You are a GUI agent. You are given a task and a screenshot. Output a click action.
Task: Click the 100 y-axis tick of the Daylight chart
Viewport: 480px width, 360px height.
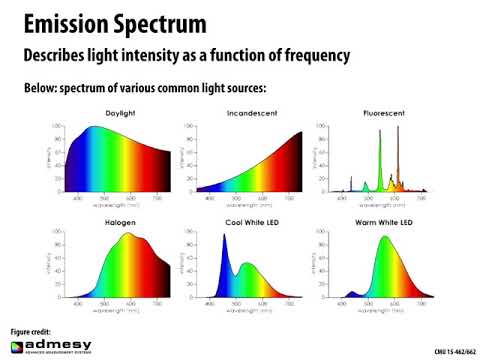(x=58, y=126)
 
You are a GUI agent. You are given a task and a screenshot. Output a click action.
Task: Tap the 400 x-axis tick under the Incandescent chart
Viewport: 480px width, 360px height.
(x=208, y=198)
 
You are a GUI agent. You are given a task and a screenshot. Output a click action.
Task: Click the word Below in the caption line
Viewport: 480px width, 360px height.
(x=43, y=88)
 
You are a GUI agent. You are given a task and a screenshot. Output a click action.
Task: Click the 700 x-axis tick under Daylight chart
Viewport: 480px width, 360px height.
(x=155, y=198)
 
